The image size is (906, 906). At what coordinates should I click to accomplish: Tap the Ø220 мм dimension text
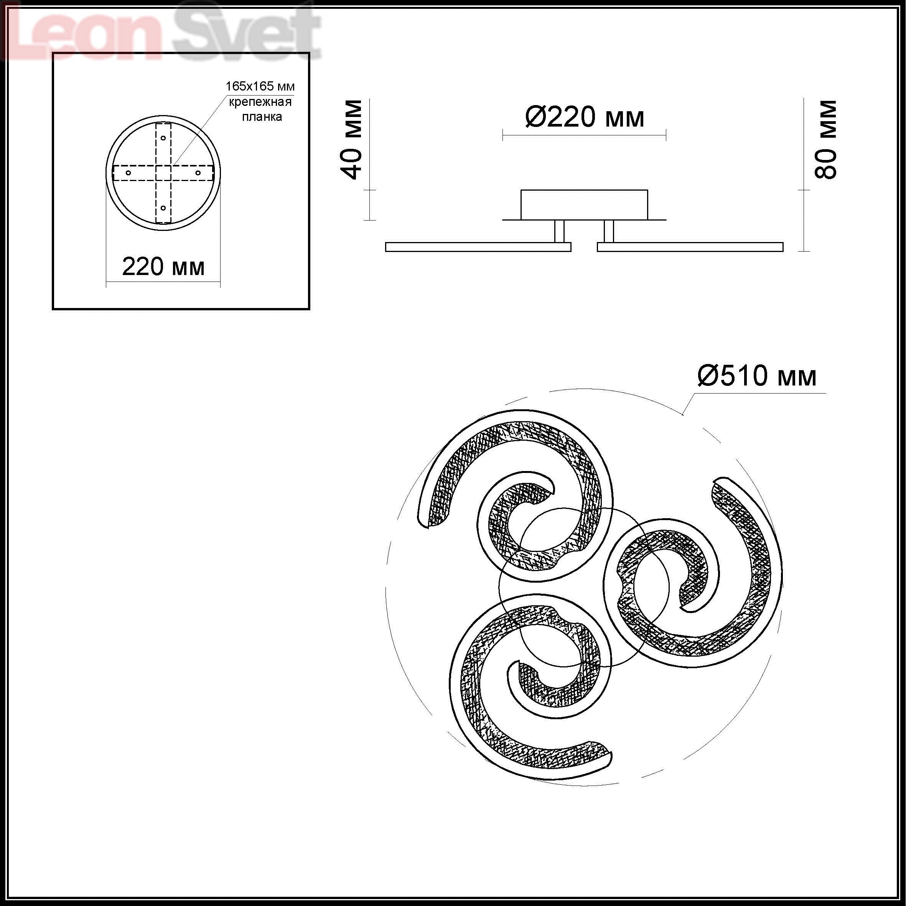click(x=584, y=117)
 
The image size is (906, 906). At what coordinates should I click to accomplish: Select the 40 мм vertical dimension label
click(x=352, y=139)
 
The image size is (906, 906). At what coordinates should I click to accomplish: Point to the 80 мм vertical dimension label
click(x=825, y=139)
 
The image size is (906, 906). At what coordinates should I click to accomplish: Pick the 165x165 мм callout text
click(x=260, y=86)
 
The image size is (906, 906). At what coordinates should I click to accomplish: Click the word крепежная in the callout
click(x=260, y=102)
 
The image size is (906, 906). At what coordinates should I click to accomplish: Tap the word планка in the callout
click(x=262, y=117)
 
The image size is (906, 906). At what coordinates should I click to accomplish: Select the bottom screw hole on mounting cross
click(x=163, y=208)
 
